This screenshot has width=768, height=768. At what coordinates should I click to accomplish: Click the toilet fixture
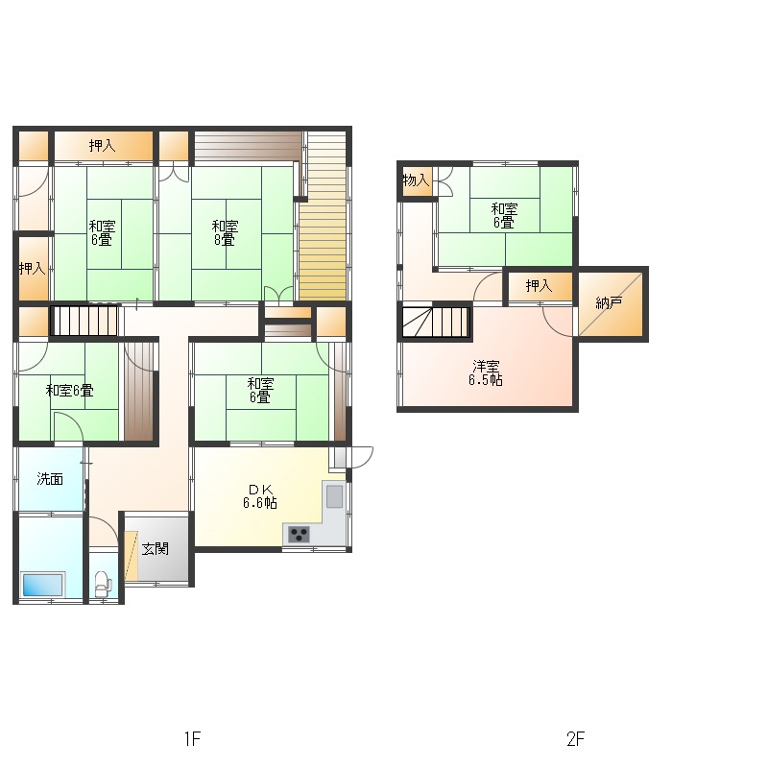click(x=103, y=583)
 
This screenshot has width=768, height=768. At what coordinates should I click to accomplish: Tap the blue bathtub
click(x=42, y=584)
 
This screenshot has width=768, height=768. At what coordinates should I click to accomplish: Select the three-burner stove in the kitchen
click(x=299, y=533)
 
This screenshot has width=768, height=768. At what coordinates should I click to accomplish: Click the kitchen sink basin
click(x=334, y=496)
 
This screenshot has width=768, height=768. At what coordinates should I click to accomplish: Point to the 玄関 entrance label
click(x=156, y=548)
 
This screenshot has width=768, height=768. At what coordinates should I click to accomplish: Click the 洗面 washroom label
click(x=50, y=478)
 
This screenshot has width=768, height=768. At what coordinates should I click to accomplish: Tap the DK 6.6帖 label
click(x=260, y=496)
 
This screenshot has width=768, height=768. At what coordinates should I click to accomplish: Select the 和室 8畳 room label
click(x=225, y=232)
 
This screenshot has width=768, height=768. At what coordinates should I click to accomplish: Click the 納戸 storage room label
click(x=609, y=302)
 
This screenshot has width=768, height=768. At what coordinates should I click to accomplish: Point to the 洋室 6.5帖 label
click(x=486, y=373)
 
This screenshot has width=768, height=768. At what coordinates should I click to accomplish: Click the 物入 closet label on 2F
click(x=416, y=180)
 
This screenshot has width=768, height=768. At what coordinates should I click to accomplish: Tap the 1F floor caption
click(x=193, y=738)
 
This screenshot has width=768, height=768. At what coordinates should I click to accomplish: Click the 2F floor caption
click(x=575, y=738)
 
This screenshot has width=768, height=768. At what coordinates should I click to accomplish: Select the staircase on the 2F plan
click(x=436, y=322)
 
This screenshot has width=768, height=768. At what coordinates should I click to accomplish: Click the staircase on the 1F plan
click(x=84, y=321)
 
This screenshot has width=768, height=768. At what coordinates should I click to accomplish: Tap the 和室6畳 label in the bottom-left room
click(x=69, y=391)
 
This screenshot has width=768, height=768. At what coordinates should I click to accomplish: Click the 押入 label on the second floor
click(x=539, y=285)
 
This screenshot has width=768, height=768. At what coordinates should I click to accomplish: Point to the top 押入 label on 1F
click(x=103, y=146)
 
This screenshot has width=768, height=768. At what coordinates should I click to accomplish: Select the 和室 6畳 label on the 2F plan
click(x=505, y=215)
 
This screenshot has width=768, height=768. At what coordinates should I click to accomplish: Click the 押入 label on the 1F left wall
click(x=33, y=268)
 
